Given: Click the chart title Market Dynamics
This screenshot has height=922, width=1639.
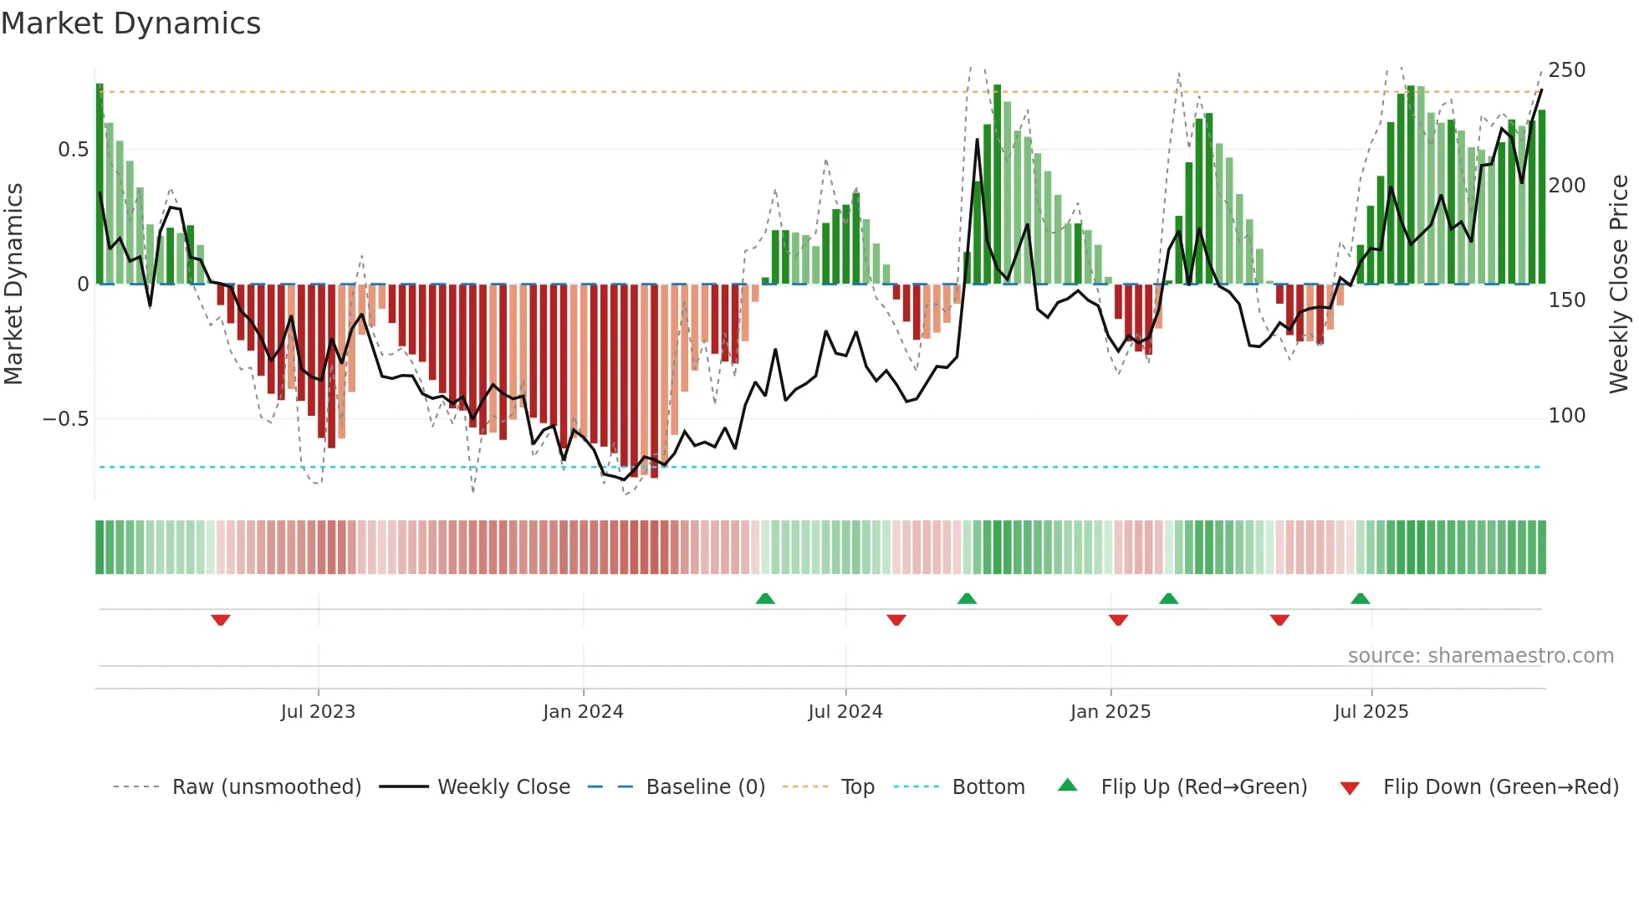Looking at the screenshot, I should click(130, 23).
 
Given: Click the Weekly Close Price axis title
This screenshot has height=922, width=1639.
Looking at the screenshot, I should click(1619, 284).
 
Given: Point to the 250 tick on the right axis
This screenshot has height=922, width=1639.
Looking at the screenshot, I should click(1566, 70).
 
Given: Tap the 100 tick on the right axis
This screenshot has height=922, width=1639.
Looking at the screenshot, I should click(1566, 416).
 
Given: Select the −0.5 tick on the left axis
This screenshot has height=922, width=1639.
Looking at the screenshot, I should click(65, 419).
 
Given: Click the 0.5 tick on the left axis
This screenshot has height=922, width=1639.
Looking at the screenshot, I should click(73, 150).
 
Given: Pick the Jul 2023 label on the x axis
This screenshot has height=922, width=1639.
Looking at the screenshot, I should click(318, 712).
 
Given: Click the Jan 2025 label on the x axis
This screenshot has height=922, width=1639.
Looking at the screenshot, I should click(1110, 712).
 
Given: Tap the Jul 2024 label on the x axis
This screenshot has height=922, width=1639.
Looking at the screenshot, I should click(845, 712).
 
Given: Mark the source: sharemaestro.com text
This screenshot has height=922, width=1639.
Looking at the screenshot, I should click(1480, 656).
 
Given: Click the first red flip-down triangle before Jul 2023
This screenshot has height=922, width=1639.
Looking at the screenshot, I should click(221, 620).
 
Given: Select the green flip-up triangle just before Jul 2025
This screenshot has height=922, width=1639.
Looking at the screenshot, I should click(1360, 598).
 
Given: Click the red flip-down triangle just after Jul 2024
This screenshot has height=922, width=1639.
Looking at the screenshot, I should click(896, 620).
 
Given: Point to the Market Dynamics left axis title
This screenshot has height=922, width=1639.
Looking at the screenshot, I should click(14, 284).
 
